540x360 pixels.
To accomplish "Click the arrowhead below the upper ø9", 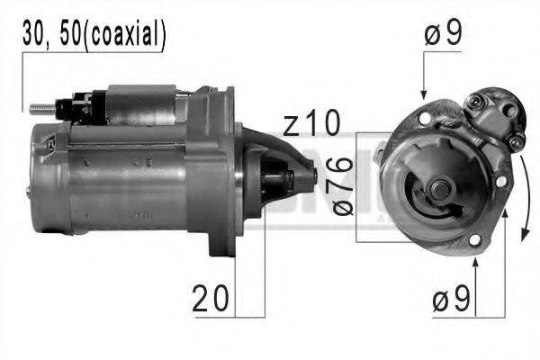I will click(x=424, y=93).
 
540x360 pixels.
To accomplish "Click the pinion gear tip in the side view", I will click(x=310, y=175).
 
